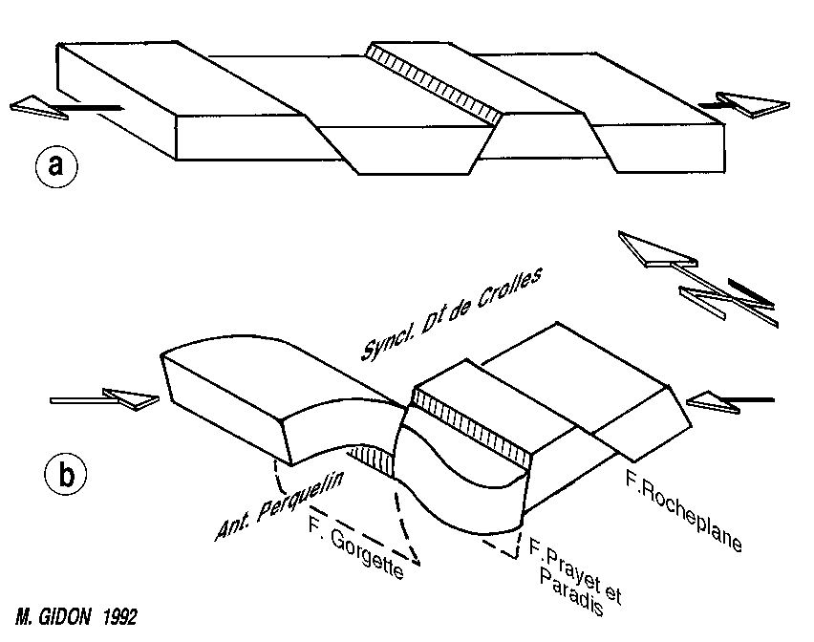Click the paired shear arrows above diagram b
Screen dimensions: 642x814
coord(697,277)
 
